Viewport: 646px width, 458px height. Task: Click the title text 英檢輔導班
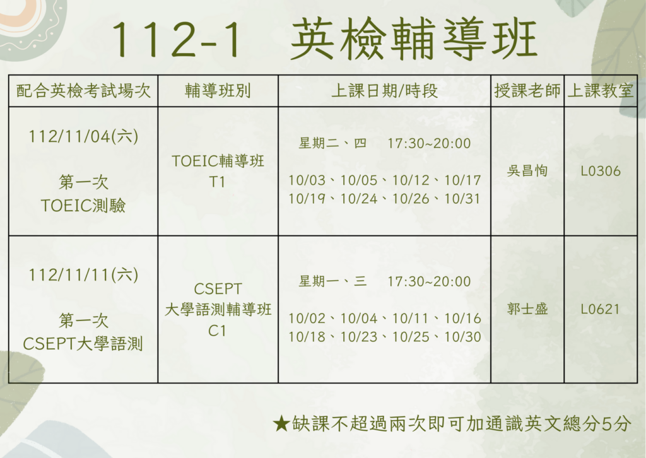(x=414, y=39)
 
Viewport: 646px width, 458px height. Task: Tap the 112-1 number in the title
(x=176, y=40)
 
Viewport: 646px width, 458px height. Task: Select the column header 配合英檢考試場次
(x=83, y=91)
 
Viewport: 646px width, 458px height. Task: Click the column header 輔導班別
(x=218, y=91)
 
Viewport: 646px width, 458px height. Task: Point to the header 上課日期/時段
(x=384, y=91)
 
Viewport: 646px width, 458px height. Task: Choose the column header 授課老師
(x=527, y=91)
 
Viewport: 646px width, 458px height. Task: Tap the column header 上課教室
(x=601, y=91)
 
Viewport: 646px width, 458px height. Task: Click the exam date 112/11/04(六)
(x=83, y=136)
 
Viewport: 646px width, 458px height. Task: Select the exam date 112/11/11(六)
(x=83, y=274)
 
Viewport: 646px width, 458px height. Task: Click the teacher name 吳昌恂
(x=527, y=171)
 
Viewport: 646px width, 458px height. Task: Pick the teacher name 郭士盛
(x=527, y=309)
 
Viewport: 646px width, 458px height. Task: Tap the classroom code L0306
(x=601, y=171)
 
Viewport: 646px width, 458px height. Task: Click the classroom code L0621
(x=601, y=309)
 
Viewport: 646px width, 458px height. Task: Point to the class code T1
(x=217, y=182)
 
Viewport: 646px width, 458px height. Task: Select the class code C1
(x=217, y=331)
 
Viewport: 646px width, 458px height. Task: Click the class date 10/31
(x=462, y=199)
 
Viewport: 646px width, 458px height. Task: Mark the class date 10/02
(x=307, y=319)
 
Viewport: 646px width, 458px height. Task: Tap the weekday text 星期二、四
(x=332, y=143)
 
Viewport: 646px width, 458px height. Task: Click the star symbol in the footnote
(x=281, y=423)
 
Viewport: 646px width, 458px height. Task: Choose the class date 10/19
(x=307, y=199)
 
